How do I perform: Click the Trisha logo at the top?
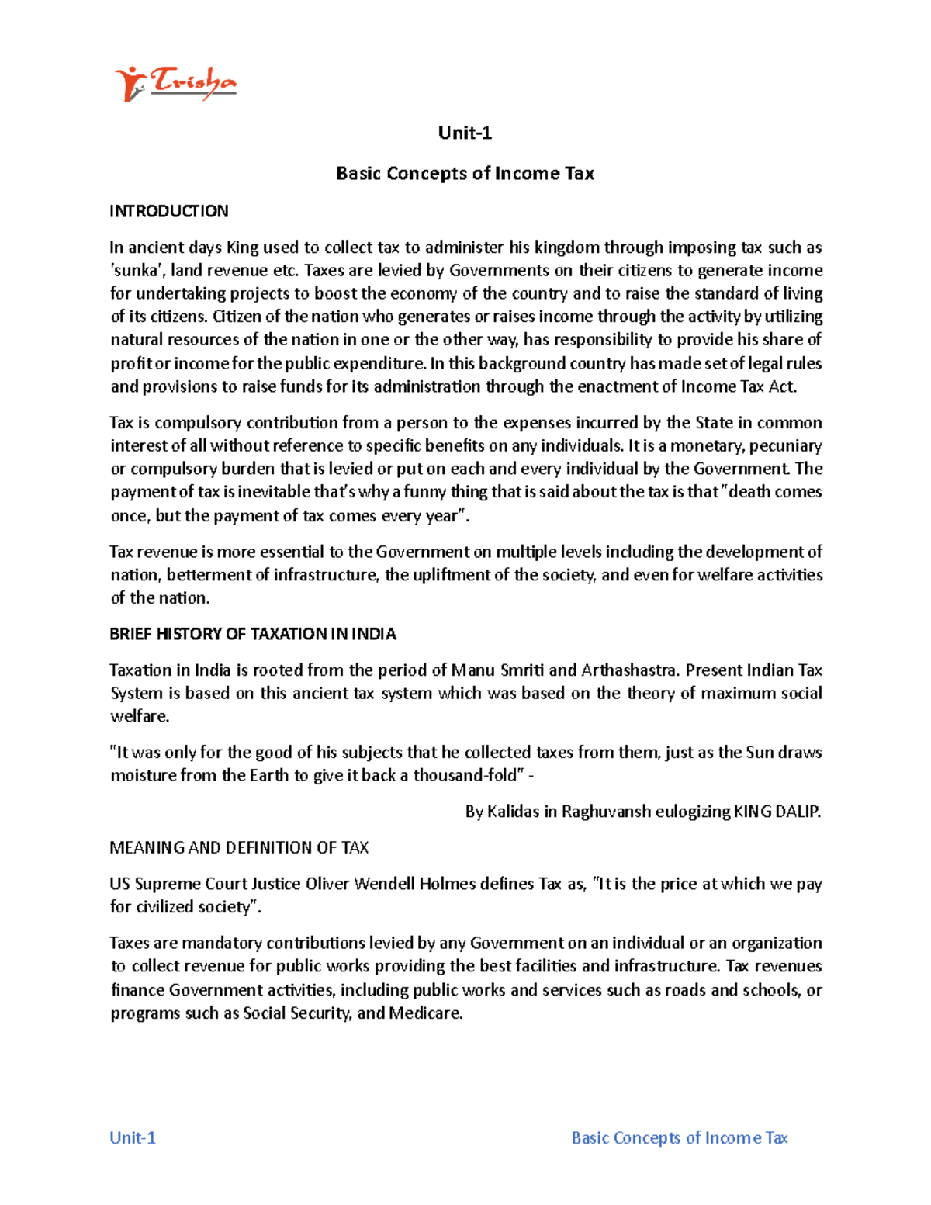pos(175,83)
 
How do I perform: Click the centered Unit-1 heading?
pos(465,133)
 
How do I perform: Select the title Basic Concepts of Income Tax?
pos(465,173)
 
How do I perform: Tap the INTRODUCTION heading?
pos(169,211)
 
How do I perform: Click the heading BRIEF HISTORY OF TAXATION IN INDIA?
pos(253,634)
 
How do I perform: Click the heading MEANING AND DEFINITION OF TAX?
pos(239,847)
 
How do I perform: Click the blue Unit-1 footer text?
pos(133,1137)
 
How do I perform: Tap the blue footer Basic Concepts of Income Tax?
pos(680,1137)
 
